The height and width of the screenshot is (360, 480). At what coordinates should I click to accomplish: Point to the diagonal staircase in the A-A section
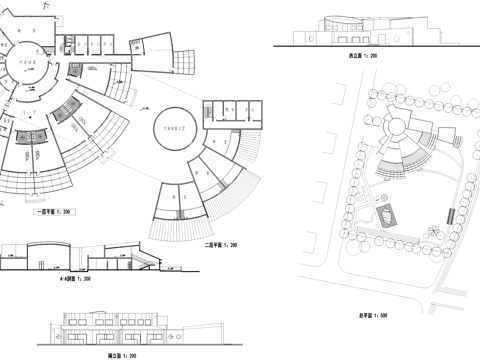pos(141,261)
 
